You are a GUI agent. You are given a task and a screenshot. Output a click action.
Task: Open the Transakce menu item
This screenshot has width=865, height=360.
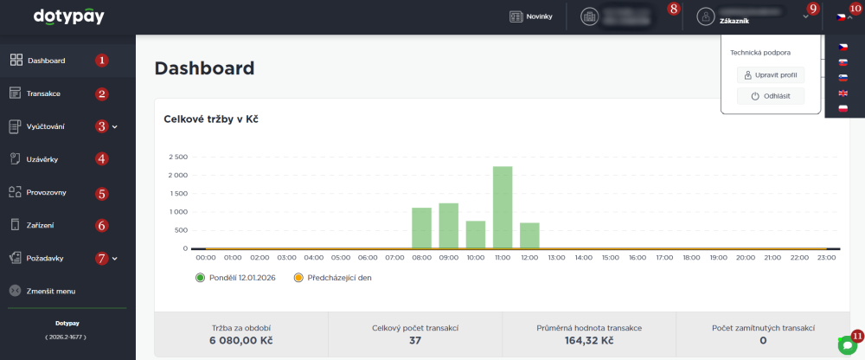pos(43,93)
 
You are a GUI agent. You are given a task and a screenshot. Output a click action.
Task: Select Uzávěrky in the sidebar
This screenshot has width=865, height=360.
pos(42,158)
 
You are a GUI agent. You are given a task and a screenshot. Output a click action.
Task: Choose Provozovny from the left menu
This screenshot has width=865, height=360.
pos(47,192)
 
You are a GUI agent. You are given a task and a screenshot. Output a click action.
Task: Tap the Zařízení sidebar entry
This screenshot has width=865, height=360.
pos(41,225)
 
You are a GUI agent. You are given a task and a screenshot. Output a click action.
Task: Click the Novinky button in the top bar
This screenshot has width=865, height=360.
pos(531,16)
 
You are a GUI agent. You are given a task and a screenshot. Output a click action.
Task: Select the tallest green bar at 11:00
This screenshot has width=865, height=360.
pos(503,207)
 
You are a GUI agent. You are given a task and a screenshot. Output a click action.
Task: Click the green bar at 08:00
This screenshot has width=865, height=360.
pos(421,228)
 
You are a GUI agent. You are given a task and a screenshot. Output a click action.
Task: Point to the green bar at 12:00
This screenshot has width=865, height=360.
pos(529,235)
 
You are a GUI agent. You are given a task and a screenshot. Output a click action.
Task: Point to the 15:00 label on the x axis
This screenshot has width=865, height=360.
pos(611,257)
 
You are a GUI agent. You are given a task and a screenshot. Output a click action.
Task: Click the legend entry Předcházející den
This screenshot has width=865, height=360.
pos(333,278)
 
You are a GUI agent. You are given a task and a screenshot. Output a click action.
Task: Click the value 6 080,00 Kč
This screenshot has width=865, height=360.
pos(240,341)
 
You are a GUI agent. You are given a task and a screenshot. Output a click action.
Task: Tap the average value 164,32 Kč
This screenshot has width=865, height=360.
pos(588,341)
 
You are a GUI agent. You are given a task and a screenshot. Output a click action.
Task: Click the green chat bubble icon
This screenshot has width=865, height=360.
pos(847,344)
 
